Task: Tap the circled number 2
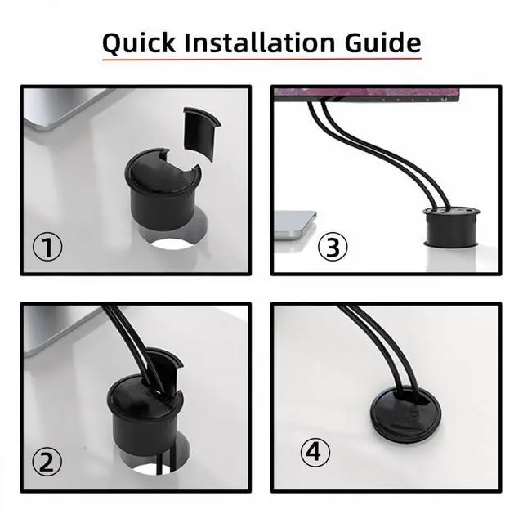click(x=47, y=462)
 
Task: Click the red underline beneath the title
click(x=261, y=60)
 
